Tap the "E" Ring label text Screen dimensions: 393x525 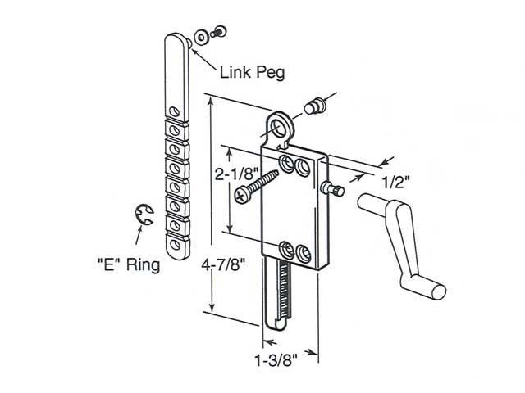click(127, 265)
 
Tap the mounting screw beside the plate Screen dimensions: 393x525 click(254, 186)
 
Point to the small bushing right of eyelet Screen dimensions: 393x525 click(313, 106)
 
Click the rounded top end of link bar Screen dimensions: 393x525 click(178, 43)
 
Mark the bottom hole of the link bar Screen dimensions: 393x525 click(175, 242)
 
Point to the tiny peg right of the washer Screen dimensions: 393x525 click(217, 32)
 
